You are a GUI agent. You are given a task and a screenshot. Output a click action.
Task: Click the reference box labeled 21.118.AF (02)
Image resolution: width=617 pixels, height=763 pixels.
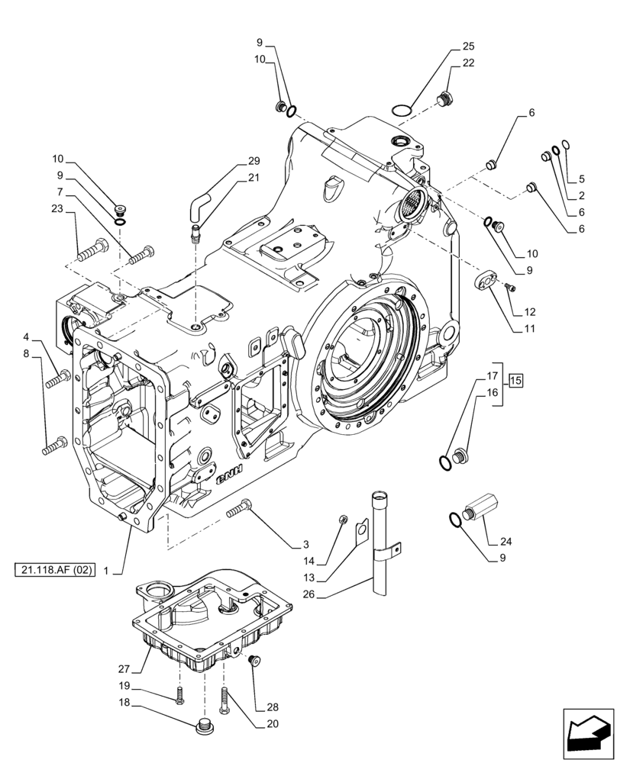tap(54, 570)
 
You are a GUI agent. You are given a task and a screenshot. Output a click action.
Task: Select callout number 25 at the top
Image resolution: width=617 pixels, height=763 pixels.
tap(468, 47)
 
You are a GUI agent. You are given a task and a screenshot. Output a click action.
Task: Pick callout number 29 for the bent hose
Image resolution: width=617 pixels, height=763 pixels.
tap(254, 161)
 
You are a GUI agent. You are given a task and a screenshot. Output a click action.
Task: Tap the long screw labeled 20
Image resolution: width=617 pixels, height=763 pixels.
tap(224, 700)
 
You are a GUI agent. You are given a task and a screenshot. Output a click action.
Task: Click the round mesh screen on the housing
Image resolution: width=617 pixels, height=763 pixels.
tap(411, 204)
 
